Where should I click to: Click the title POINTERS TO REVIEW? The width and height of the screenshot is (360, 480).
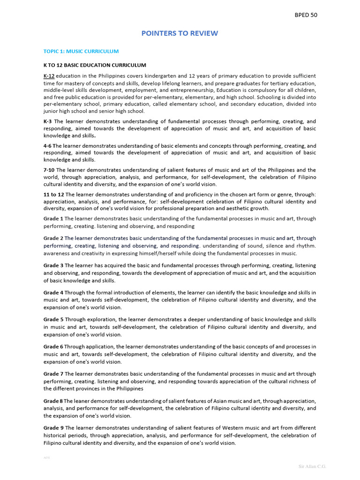tap(180, 33)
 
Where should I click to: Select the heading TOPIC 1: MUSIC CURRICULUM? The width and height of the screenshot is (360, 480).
tap(81, 51)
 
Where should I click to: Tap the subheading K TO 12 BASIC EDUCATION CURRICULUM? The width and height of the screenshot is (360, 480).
tap(95, 65)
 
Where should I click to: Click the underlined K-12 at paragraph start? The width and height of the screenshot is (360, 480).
tap(49, 76)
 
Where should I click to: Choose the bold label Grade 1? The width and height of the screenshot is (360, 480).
tap(53, 218)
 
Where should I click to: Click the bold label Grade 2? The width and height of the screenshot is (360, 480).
tap(53, 238)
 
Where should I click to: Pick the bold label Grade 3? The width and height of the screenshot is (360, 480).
tap(53, 265)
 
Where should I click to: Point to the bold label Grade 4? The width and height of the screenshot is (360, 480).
tap(53, 292)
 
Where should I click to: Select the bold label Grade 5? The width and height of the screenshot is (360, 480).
tap(53, 320)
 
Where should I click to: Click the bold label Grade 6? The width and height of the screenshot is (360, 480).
tap(53, 347)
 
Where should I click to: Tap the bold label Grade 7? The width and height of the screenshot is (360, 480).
tap(53, 374)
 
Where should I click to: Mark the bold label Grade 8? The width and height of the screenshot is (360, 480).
tap(53, 401)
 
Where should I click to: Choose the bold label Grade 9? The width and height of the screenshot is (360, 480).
tap(53, 428)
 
